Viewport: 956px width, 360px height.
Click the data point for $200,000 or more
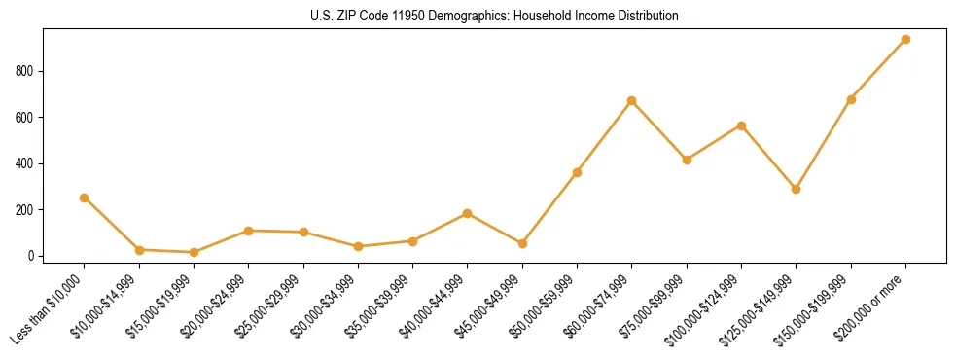click(x=905, y=39)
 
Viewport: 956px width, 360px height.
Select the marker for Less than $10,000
click(x=85, y=198)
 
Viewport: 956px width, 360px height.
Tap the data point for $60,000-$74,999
click(x=632, y=100)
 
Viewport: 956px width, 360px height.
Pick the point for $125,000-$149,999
click(x=797, y=189)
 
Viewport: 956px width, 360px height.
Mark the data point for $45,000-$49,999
click(x=522, y=243)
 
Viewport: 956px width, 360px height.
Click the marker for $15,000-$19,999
click(x=194, y=252)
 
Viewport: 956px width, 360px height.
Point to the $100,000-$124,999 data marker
click(x=741, y=126)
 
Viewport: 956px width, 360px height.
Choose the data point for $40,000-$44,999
click(x=468, y=213)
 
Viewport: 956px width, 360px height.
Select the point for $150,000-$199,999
click(x=851, y=99)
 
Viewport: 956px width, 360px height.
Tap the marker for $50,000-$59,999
click(x=577, y=172)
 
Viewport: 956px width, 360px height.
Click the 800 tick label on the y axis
click(x=24, y=71)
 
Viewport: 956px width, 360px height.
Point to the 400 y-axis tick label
click(x=24, y=163)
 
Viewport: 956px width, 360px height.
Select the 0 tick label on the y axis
click(x=31, y=256)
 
